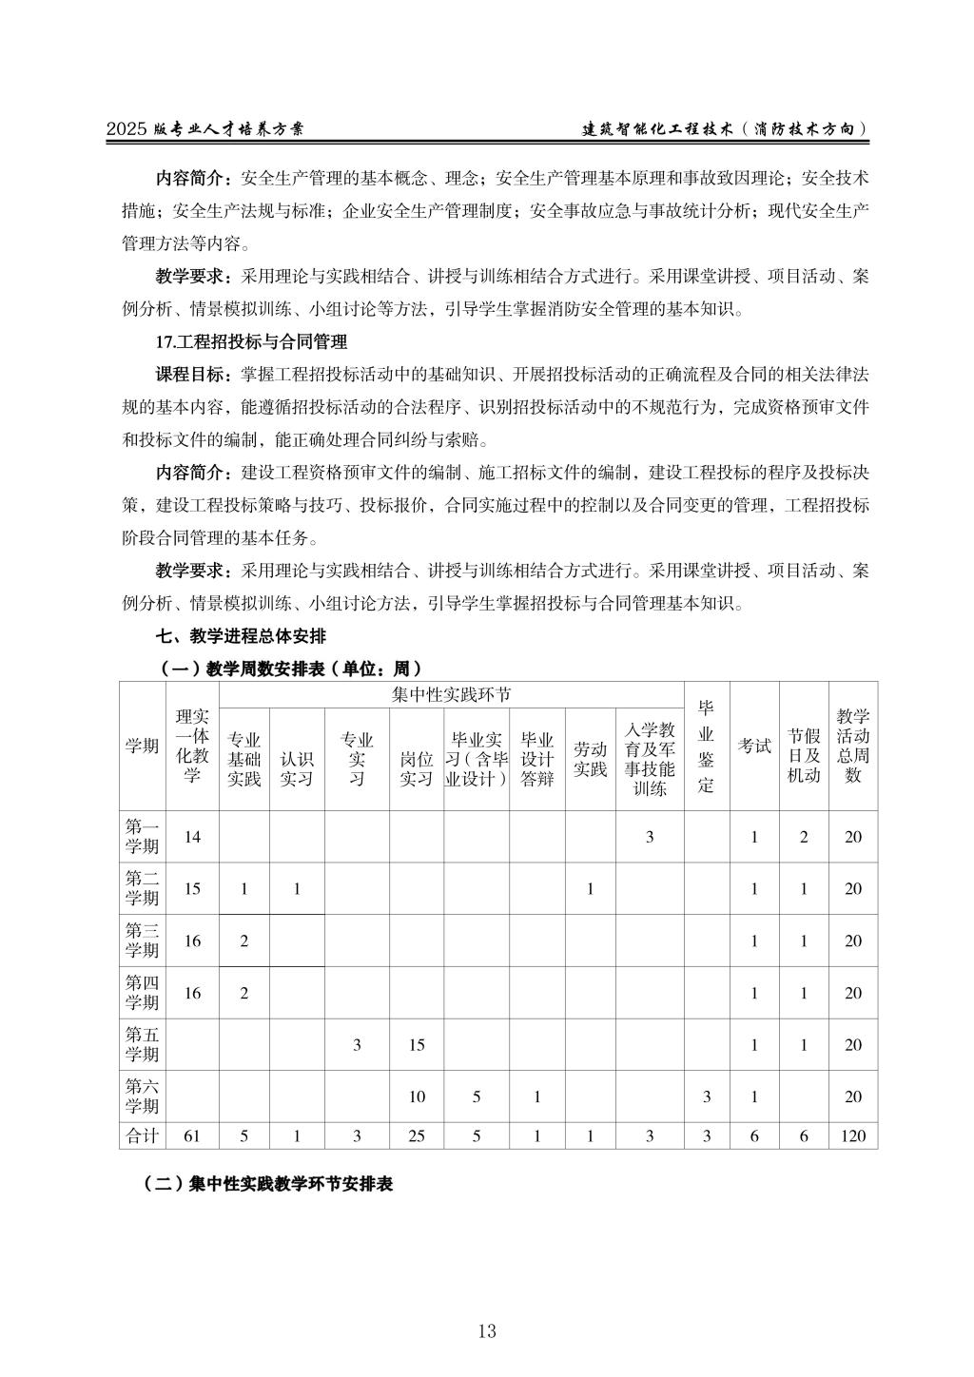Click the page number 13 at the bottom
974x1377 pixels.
pyautogui.click(x=487, y=1331)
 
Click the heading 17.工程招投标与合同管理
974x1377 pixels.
pyautogui.click(x=251, y=340)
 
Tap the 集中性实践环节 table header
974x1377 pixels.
pyautogui.click(x=451, y=695)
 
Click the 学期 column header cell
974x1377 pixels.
pyautogui.click(x=142, y=746)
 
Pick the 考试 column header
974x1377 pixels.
pyautogui.click(x=754, y=746)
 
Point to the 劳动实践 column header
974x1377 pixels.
pyautogui.click(x=590, y=759)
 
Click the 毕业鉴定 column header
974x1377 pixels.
pyautogui.click(x=706, y=746)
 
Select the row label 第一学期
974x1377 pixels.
pyautogui.click(x=142, y=837)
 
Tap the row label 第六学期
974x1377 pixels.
pyautogui.click(x=142, y=1096)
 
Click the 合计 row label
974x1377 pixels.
pyautogui.click(x=142, y=1135)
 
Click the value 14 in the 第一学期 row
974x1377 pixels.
pyautogui.click(x=193, y=837)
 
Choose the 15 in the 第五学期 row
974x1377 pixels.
pyautogui.click(x=417, y=1045)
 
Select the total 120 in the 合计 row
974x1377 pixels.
pyautogui.click(x=853, y=1135)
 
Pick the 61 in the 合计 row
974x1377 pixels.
pyautogui.click(x=193, y=1135)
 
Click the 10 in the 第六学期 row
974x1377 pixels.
pyautogui.click(x=417, y=1096)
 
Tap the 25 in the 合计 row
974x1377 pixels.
pyautogui.click(x=417, y=1135)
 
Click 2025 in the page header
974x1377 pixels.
pyautogui.click(x=127, y=129)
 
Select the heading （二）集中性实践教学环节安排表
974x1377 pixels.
pyautogui.click(x=267, y=1184)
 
